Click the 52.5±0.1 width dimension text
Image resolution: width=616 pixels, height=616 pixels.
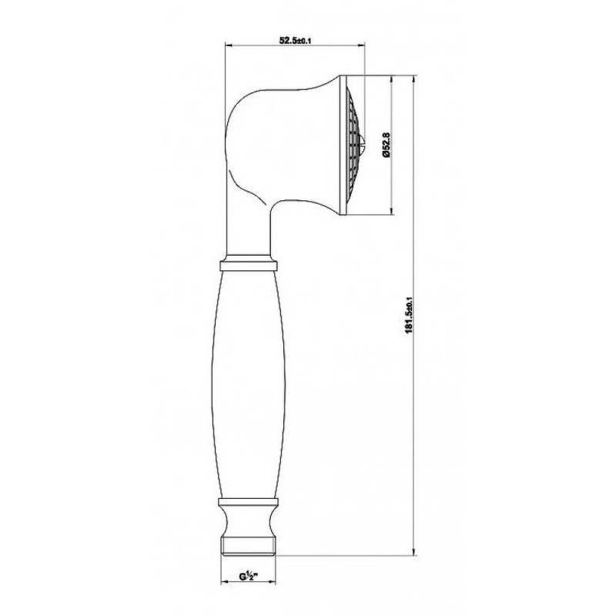(295, 40)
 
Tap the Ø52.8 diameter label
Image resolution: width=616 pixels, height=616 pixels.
(386, 145)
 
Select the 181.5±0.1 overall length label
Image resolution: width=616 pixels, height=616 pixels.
(409, 315)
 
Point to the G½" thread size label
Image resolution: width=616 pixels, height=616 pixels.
(248, 576)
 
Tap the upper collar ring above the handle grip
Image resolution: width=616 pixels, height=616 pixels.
(249, 263)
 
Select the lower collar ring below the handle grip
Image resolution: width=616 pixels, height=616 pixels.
(248, 501)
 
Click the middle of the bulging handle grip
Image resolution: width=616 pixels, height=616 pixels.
(248, 383)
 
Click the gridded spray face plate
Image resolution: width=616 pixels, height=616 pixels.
(353, 146)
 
